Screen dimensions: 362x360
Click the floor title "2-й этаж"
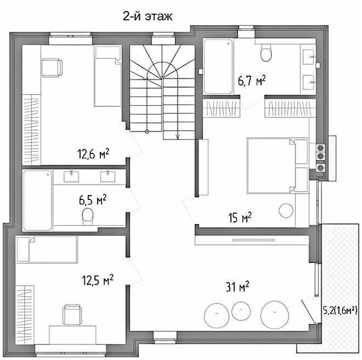pyautogui.click(x=147, y=17)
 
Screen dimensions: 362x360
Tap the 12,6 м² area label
pyautogui.click(x=93, y=154)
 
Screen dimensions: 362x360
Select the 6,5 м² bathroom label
pyautogui.click(x=93, y=200)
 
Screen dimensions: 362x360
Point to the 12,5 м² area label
pyautogui.click(x=98, y=280)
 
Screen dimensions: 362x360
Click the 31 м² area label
pyautogui.click(x=237, y=286)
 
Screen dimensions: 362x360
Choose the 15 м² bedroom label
pyautogui.click(x=239, y=218)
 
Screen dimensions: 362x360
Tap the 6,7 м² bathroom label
pyautogui.click(x=252, y=81)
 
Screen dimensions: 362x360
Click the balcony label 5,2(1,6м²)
pyautogui.click(x=340, y=311)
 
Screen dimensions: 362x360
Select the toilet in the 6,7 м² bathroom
pyautogui.click(x=266, y=53)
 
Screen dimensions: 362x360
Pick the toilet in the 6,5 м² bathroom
pyautogui.click(x=88, y=217)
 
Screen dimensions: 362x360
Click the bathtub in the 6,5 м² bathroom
pyautogui.click(x=37, y=200)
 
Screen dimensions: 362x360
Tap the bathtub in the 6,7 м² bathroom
pyautogui.click(x=218, y=66)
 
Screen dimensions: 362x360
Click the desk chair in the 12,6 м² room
pyautogui.click(x=52, y=68)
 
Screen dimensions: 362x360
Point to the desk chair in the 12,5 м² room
pyautogui.click(x=72, y=315)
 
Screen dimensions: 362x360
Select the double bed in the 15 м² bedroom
pyautogui.click(x=277, y=166)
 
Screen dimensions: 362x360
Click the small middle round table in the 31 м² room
pyautogui.click(x=241, y=311)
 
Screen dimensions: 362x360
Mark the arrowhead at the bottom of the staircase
pyautogui.click(x=177, y=137)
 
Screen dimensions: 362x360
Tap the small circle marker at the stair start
pyautogui.click(x=147, y=132)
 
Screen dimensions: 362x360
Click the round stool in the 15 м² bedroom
pyautogui.click(x=286, y=210)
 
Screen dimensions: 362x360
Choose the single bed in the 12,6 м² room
pyautogui.click(x=108, y=76)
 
